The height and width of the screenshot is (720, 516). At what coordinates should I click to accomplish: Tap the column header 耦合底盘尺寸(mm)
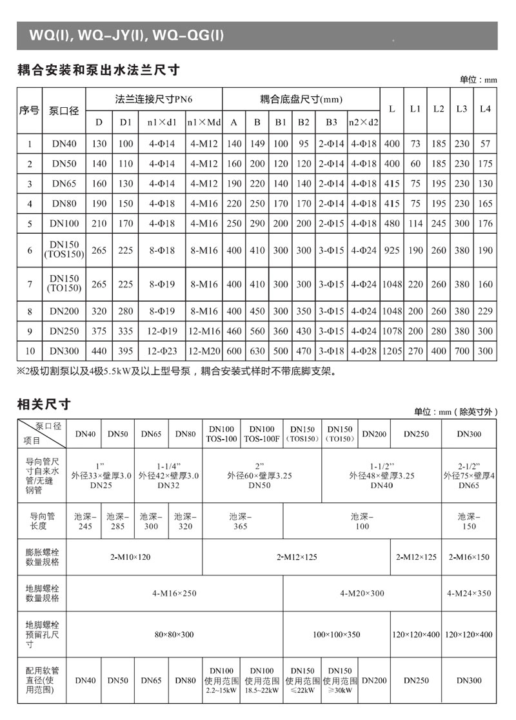point(301,99)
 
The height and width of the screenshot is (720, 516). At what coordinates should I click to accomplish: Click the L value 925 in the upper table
point(392,250)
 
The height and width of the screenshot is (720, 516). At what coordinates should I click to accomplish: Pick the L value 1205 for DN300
point(392,352)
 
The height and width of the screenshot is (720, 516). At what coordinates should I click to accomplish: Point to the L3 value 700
point(461,352)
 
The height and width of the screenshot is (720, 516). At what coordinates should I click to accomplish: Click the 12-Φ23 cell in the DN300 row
point(157,352)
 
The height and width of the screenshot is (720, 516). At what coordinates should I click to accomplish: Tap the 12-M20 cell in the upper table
point(204,352)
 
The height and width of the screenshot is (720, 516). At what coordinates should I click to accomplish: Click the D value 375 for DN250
point(99,331)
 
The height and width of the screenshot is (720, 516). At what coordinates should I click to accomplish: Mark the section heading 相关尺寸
point(43,406)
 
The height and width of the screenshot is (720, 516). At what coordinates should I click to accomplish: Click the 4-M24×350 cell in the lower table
point(469,593)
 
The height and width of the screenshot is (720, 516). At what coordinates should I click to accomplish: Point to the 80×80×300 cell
point(174,635)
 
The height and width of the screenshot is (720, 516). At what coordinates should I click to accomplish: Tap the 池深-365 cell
point(241,521)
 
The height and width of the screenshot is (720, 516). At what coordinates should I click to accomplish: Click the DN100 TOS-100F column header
point(262,434)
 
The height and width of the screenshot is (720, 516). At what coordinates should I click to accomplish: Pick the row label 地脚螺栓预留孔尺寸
point(43,635)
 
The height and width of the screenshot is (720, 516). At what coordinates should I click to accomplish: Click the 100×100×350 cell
point(336,635)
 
